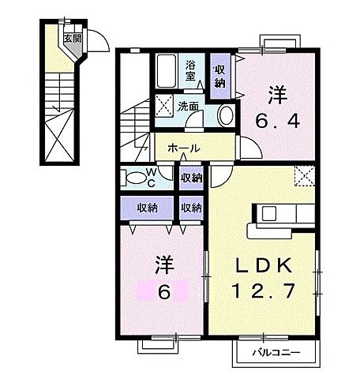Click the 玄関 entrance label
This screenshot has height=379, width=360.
point(69,36)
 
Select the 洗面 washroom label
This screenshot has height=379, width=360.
point(187,104)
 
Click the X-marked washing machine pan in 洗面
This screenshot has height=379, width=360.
point(165,105)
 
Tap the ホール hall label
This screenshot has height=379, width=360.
point(183,148)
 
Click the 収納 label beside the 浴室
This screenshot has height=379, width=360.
point(221,76)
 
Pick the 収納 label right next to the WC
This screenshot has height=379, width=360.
point(189,178)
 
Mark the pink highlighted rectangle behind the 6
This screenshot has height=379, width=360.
point(163,291)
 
